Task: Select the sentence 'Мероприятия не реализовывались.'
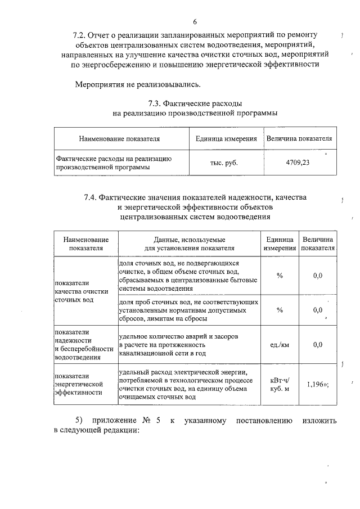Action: click(138, 84)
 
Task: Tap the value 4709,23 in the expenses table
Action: click(298, 163)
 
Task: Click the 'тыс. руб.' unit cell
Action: click(223, 163)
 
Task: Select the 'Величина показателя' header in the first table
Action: click(299, 138)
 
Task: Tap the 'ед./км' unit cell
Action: click(280, 345)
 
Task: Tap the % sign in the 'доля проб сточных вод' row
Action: click(280, 310)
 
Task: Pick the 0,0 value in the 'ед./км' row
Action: click(317, 345)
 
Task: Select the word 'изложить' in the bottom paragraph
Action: click(319, 420)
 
